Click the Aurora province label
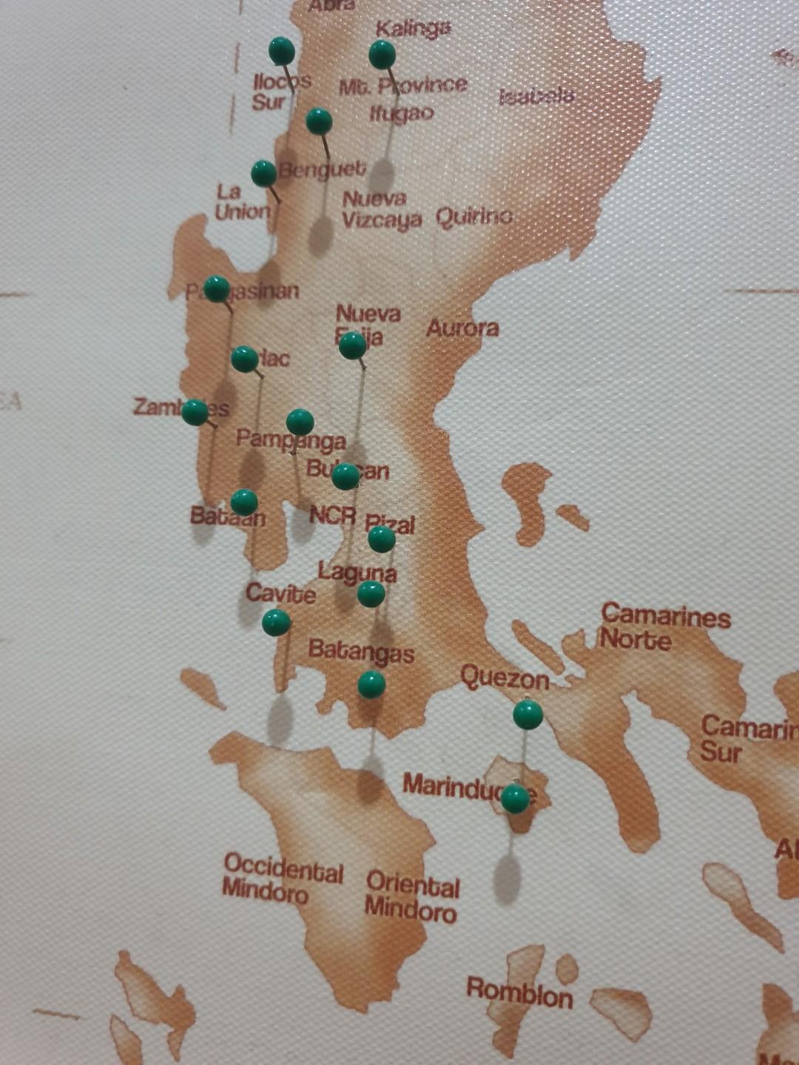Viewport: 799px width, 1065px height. tap(462, 328)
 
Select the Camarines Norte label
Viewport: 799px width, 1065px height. tap(664, 627)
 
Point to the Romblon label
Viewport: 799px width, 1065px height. tap(519, 993)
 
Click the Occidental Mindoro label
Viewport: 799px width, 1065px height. tap(283, 879)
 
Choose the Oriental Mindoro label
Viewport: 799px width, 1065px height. tap(411, 896)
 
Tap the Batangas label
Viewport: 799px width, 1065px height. tap(361, 652)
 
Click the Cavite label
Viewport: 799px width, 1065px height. tap(280, 593)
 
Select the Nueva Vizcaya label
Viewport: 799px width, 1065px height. tap(381, 209)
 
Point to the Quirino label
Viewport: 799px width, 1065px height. tap(474, 217)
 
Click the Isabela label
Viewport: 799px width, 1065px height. tap(536, 96)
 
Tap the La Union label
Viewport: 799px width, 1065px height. tap(242, 202)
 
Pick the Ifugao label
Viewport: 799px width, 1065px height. tap(402, 113)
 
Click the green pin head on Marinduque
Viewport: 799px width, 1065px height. tap(515, 799)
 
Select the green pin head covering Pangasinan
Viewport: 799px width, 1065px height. tap(216, 288)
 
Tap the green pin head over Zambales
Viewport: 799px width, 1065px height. tap(195, 412)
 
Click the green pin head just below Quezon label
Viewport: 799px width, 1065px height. tap(527, 714)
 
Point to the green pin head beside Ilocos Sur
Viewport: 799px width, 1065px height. tap(282, 50)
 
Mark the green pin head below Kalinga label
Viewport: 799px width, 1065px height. tap(382, 53)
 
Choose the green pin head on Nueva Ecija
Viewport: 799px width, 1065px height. tap(352, 345)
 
